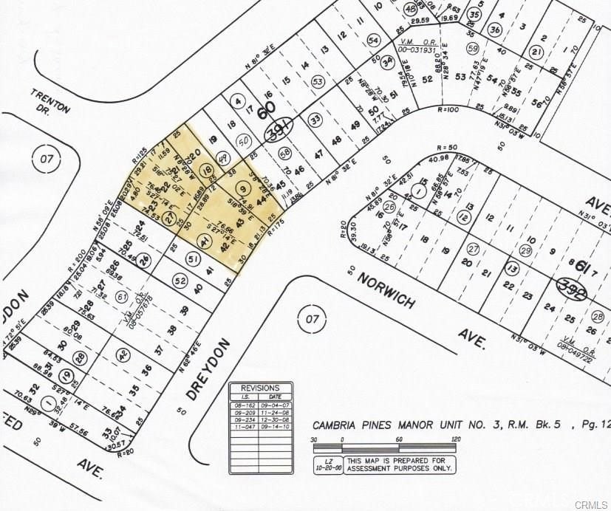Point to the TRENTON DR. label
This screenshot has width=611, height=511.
(x=51, y=103)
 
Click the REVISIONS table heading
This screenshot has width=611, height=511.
(x=260, y=388)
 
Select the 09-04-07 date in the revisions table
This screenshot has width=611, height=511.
(x=273, y=405)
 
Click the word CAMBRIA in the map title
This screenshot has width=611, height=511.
(x=338, y=425)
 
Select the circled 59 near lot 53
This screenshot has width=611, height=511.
(x=473, y=49)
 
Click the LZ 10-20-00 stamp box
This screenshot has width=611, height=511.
(x=320, y=464)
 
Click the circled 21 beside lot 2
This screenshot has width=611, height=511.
(x=538, y=51)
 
